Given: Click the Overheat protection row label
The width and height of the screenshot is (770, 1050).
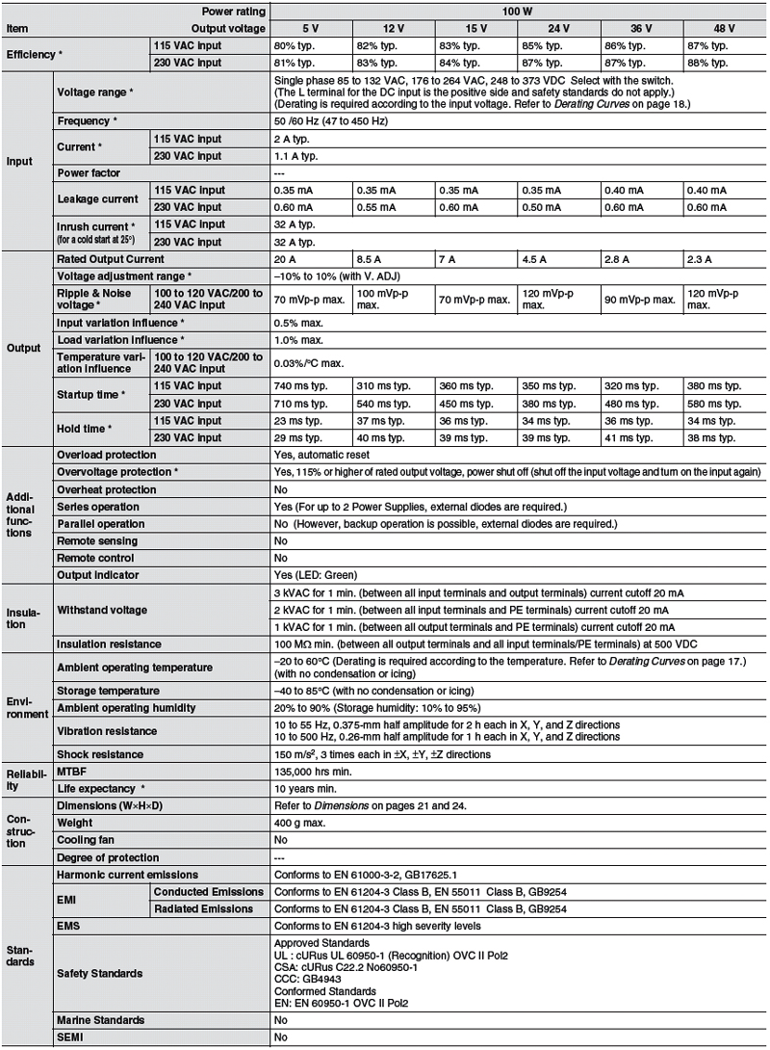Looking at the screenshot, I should [x=106, y=489].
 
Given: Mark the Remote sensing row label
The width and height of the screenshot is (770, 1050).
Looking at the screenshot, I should [x=97, y=540].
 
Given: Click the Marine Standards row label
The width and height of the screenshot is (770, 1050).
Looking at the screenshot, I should [x=101, y=1019].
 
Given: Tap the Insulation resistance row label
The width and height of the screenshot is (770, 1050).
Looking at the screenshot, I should [x=109, y=643].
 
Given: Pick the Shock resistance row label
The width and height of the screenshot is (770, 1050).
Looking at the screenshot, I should [x=100, y=754].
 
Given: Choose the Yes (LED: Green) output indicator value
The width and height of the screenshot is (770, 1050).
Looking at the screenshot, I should [x=315, y=575].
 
